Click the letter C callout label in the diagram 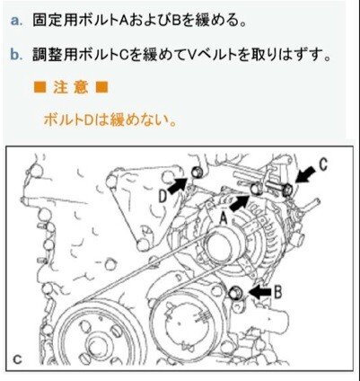point(322,164)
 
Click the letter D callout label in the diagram point(162,197)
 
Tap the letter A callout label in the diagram point(224,218)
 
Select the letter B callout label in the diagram point(278,293)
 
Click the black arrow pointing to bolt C point(305,174)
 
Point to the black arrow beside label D point(178,186)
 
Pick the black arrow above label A point(240,203)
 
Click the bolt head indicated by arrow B point(236,292)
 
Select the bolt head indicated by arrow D point(197,173)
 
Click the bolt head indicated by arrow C point(288,190)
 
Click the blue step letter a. point(17,21)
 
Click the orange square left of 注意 point(40,87)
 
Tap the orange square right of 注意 point(101,87)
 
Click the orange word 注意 point(71,87)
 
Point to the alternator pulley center point(221,249)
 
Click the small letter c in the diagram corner point(18,359)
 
